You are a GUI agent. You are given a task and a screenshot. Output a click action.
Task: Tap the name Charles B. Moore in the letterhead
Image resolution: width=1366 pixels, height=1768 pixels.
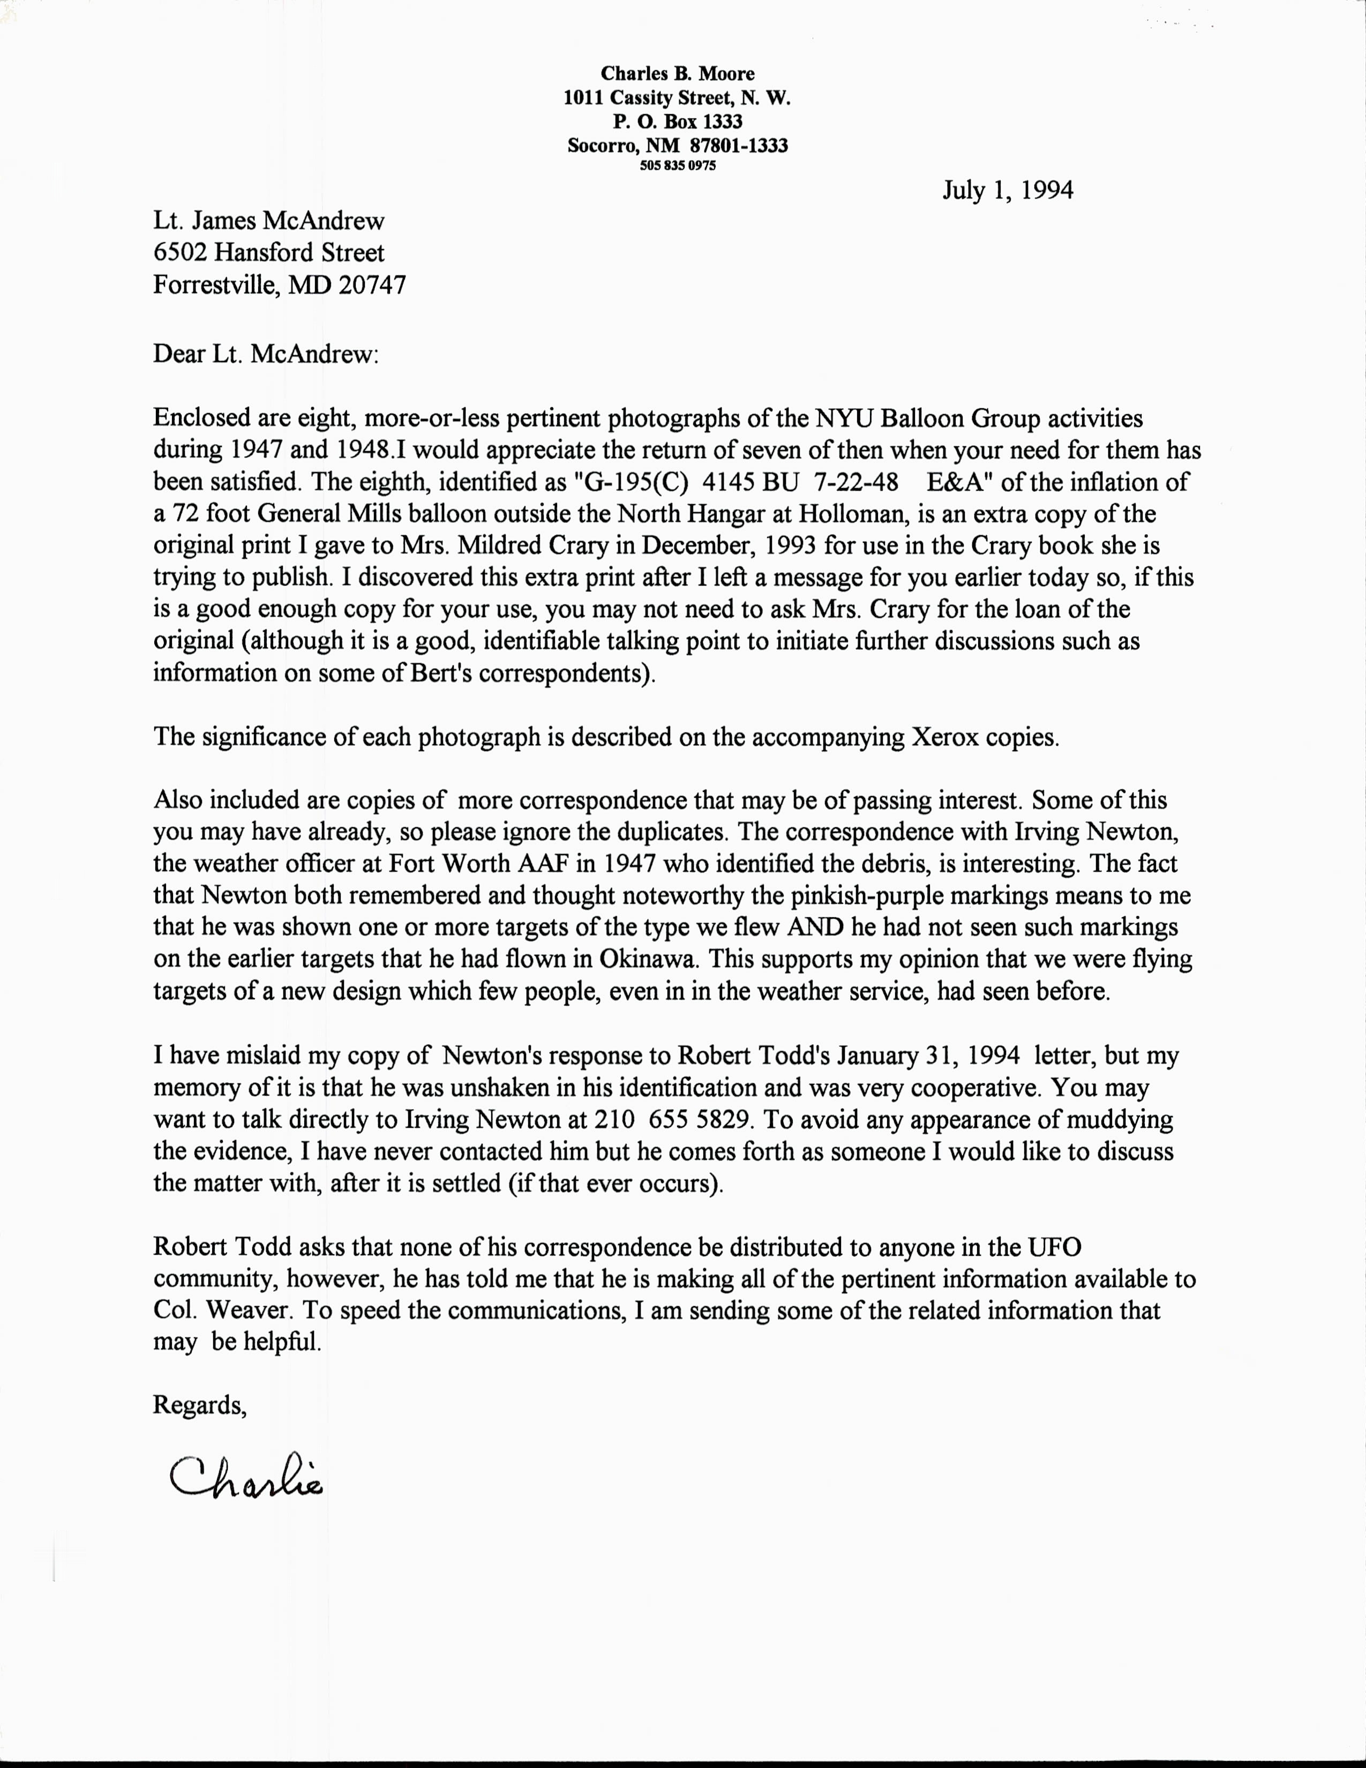[677, 74]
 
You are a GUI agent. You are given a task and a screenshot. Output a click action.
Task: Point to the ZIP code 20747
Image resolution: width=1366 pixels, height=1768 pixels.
[372, 285]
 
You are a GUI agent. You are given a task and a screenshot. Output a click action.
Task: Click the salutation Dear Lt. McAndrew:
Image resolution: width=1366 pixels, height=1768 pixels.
[265, 355]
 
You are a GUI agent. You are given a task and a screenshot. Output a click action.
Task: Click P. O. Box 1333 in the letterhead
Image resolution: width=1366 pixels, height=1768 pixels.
[677, 122]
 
